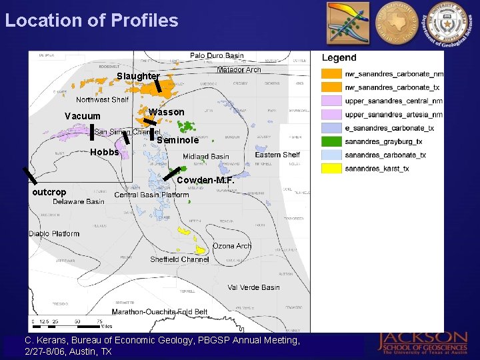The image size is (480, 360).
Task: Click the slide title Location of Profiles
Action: pos(91,20)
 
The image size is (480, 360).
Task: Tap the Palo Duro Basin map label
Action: pos(217,56)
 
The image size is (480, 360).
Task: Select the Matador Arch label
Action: pos(239,69)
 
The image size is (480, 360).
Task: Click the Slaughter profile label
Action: pos(138,77)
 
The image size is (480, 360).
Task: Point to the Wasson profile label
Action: pos(167,112)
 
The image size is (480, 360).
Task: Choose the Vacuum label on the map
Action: pos(82,117)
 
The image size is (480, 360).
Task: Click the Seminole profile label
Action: pos(177,141)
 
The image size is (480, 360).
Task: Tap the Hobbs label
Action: pos(104,152)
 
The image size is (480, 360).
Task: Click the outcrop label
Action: pos(49,192)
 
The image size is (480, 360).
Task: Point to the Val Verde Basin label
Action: pos(253,287)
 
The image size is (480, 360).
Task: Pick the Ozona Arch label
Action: pos(232,246)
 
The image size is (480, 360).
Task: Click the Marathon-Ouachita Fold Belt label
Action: pos(159,312)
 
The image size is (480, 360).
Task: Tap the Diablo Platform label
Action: pos(54,234)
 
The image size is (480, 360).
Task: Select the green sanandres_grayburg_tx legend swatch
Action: pos(331,141)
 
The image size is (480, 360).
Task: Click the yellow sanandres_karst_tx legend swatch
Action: pos(331,169)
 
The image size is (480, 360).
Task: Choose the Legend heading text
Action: pos(339,58)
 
